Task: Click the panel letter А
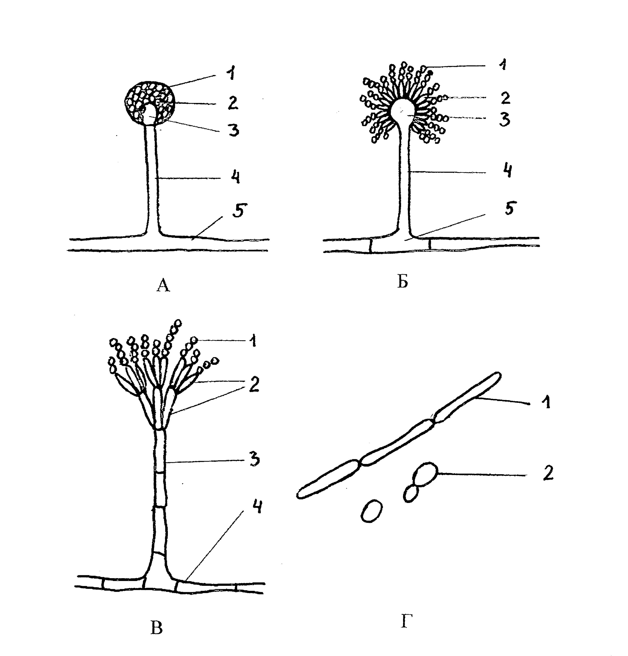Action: (x=163, y=286)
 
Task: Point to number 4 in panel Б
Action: (x=508, y=171)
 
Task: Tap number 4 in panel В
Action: (x=257, y=507)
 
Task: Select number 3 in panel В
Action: (x=255, y=461)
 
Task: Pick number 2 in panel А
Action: (x=232, y=103)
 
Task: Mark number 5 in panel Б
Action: (x=509, y=209)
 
